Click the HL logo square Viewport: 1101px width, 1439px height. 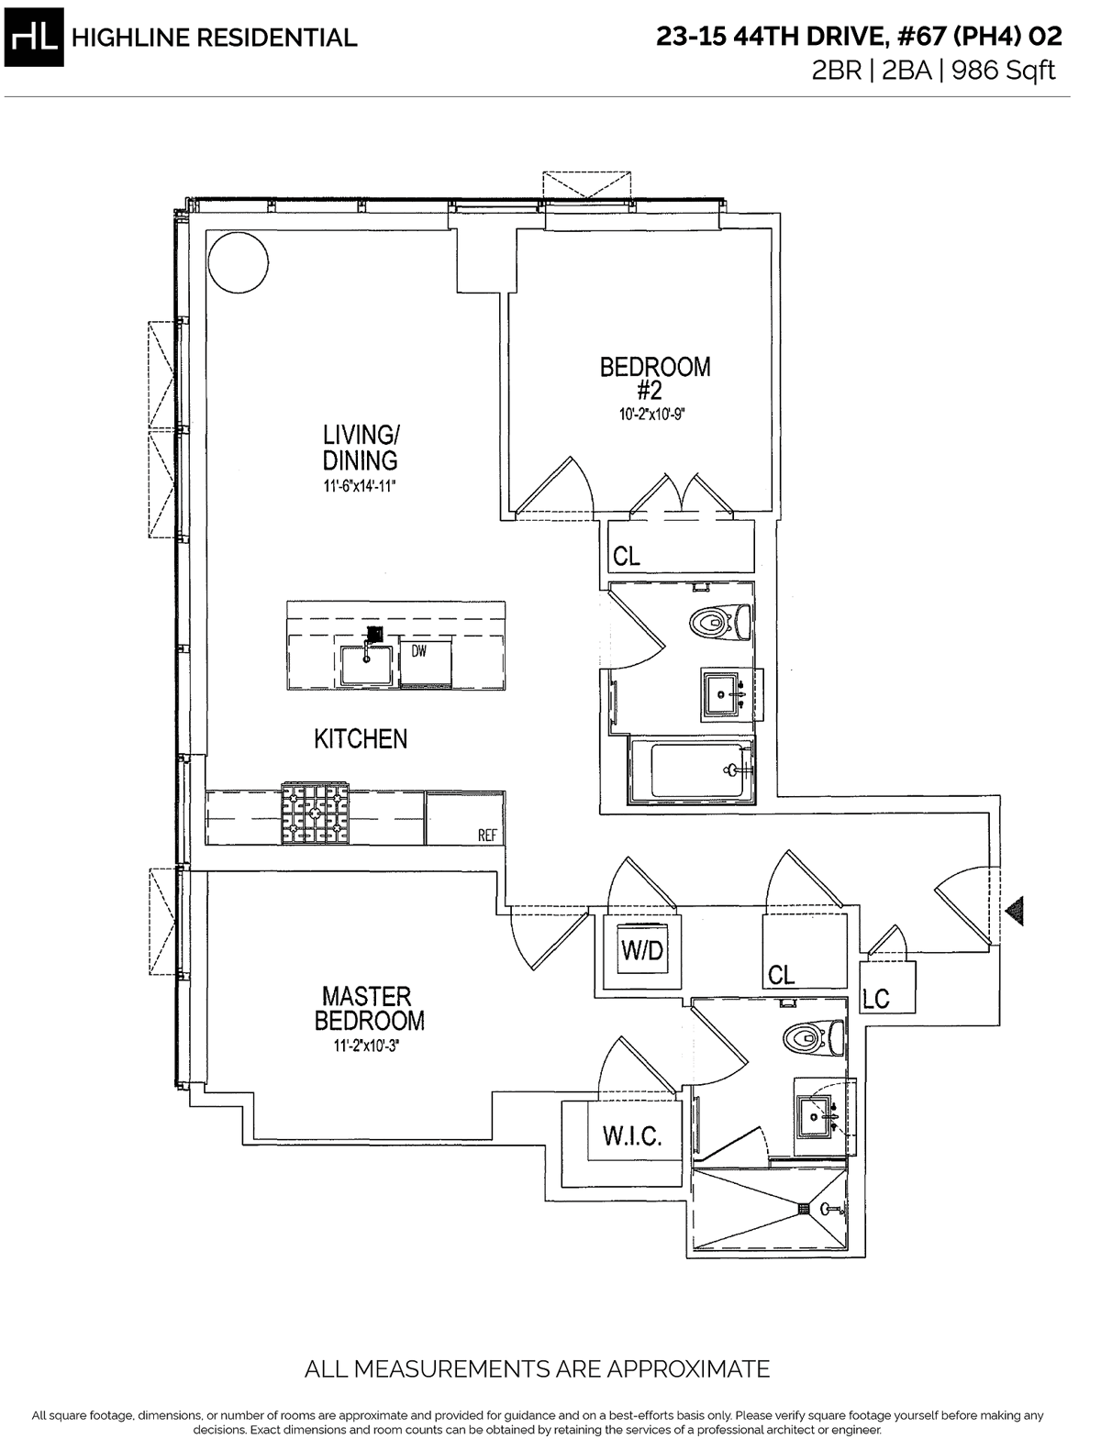tap(34, 38)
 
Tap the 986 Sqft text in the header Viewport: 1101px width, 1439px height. tap(1003, 70)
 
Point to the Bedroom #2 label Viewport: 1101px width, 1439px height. tap(655, 378)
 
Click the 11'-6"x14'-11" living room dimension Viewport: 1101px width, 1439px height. tap(360, 486)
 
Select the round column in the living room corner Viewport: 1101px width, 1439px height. tap(238, 263)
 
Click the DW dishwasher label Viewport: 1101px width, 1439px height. tap(419, 652)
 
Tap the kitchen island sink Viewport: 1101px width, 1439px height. tap(367, 665)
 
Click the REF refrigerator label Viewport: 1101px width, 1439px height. tap(487, 836)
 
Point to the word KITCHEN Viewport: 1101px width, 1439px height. tap(361, 739)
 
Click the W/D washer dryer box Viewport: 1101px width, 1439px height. tap(642, 950)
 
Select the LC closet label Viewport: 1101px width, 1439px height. tap(875, 999)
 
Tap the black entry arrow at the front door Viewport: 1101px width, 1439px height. tap(1015, 912)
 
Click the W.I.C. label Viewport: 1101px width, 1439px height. tap(632, 1135)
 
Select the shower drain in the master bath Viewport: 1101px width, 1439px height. tap(805, 1208)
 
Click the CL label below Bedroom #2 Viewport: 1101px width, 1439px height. tap(627, 557)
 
